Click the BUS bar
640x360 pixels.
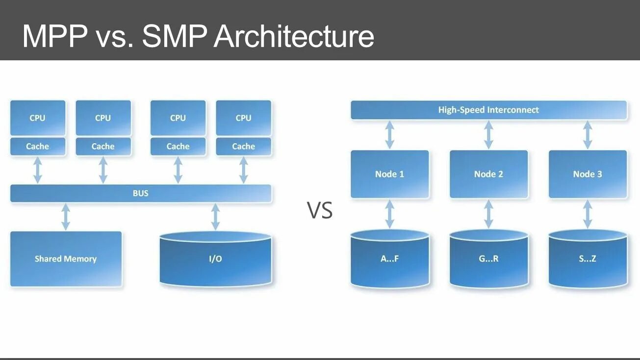pos(141,193)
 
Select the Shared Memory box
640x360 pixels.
pos(66,258)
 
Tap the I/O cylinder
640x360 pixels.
pos(215,258)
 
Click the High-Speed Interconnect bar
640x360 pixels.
pos(488,110)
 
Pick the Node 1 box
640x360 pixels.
pos(390,174)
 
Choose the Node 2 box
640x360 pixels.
pos(488,174)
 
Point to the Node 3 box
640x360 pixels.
pos(588,174)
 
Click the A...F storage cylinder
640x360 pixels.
pos(390,258)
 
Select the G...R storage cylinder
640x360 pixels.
pos(488,258)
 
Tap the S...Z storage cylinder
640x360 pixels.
pos(588,258)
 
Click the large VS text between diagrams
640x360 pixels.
pos(320,210)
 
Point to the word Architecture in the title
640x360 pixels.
pos(294,36)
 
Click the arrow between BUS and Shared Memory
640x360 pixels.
pos(66,217)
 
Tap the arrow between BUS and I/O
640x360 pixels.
pos(215,217)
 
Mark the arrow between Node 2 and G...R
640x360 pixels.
pos(488,214)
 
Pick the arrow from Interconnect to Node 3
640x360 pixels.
pos(588,135)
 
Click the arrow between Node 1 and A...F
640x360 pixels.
pos(390,214)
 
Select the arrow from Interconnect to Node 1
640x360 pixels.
pos(390,135)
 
